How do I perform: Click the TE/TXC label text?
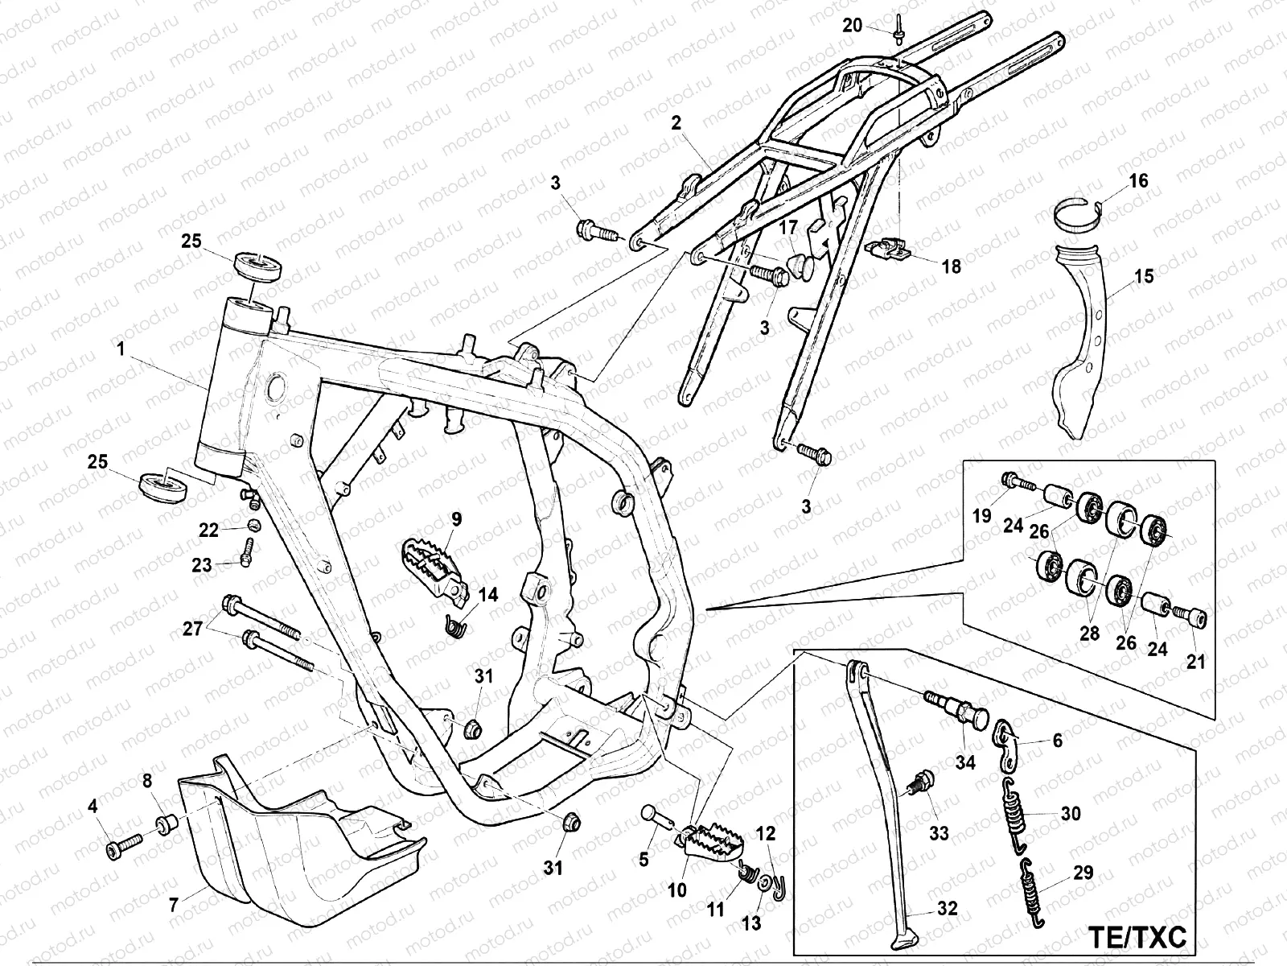[1137, 937]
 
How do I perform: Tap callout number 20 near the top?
[852, 26]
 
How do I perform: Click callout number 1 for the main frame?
[121, 349]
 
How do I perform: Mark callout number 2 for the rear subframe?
[676, 122]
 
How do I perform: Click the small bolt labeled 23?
[246, 551]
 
